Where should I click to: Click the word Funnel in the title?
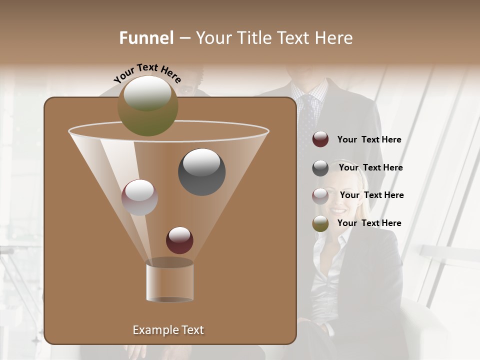[146, 38]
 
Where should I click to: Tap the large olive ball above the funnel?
[147, 105]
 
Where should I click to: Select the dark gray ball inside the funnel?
[201, 171]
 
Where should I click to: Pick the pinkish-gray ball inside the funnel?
[139, 197]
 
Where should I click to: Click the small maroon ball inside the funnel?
[179, 240]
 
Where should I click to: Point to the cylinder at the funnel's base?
[169, 281]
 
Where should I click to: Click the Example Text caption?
[168, 330]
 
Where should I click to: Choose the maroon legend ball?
[320, 139]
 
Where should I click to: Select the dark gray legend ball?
[320, 168]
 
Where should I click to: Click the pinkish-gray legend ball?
[320, 195]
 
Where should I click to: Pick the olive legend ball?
[320, 223]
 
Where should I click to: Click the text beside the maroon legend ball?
[369, 140]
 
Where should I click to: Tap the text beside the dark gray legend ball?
[370, 168]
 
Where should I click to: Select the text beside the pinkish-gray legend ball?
[371, 195]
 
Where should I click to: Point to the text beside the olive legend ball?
[369, 223]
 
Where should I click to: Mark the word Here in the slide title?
[334, 38]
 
